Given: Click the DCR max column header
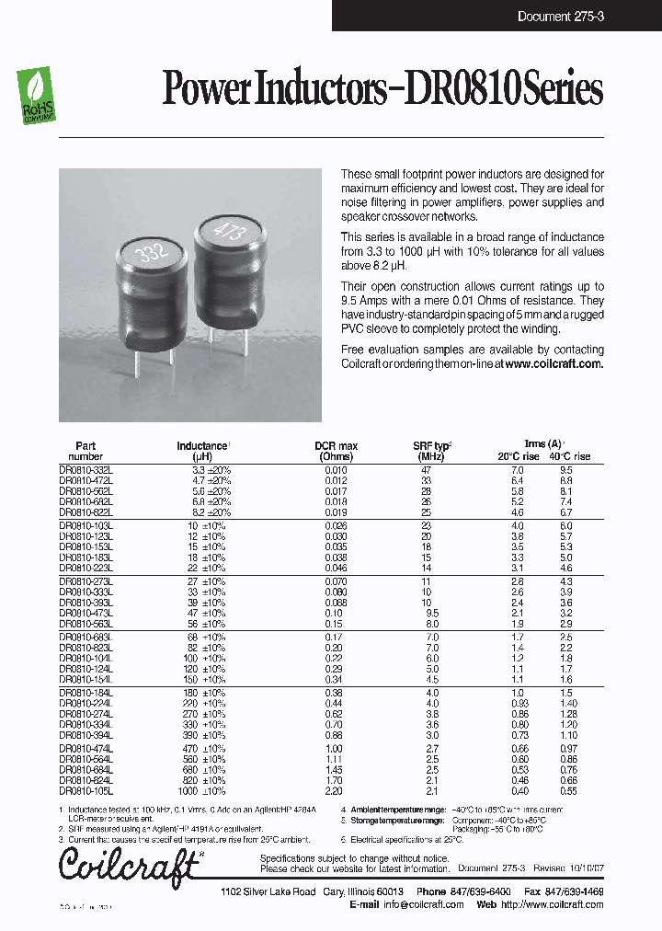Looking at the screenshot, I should pos(336,451).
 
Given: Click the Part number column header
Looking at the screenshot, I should pos(86,451).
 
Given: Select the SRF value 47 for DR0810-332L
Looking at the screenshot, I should pos(426,469).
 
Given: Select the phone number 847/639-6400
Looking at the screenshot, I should pos(482,892).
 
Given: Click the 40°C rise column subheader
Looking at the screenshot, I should pos(570,456).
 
